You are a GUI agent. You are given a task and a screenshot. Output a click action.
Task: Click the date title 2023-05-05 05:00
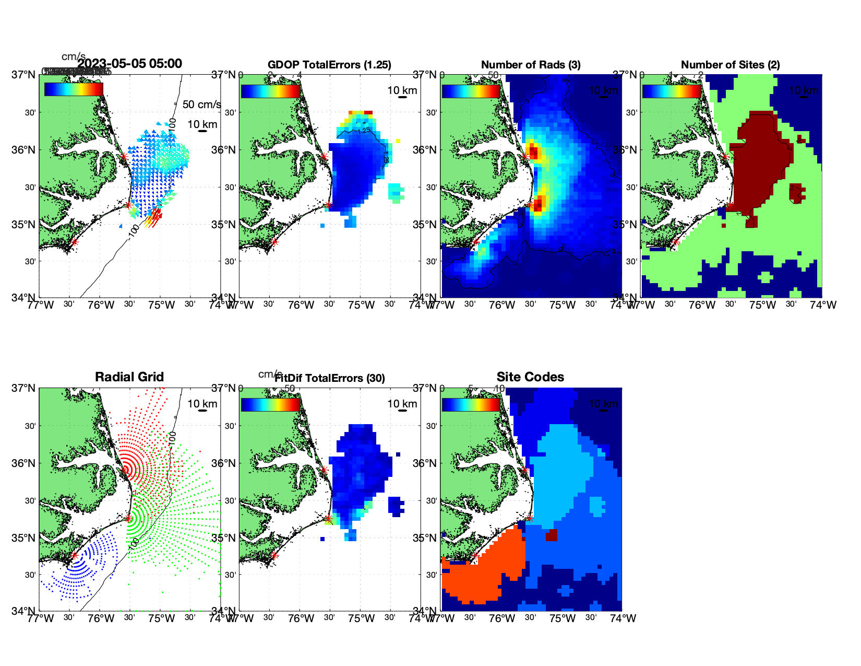pos(129,64)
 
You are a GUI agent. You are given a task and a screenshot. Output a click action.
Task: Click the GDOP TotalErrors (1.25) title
pos(329,65)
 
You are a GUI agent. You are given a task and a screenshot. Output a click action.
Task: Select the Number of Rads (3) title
pos(531,65)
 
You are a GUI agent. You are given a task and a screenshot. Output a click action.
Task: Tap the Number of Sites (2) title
pos(730,65)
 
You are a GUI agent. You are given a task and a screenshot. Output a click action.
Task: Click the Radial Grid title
pos(129,377)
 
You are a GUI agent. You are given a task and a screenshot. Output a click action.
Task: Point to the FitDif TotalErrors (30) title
pos(330,378)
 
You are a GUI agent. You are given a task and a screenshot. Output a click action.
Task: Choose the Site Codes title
pos(530,377)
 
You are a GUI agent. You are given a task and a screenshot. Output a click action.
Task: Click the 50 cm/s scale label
pos(201,104)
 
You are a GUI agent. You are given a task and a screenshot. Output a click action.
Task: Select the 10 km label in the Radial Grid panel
pos(202,404)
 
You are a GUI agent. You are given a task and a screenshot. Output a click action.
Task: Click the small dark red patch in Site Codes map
pos(551,535)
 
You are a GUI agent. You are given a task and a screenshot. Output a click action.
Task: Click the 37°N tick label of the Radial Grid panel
pos(25,388)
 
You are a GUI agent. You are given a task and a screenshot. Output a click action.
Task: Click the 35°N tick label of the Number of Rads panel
pos(426,225)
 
